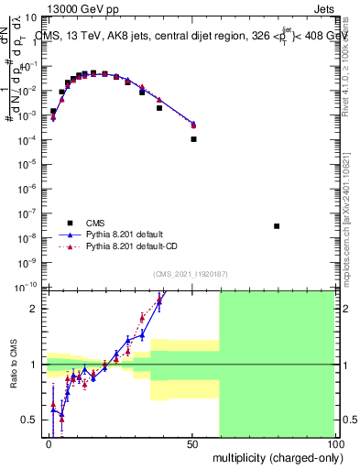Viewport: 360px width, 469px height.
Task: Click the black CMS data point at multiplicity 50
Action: pyautogui.click(x=193, y=139)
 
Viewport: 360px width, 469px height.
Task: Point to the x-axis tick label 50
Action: pyautogui.click(x=191, y=443)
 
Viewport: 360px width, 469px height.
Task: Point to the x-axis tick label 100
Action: pyautogui.click(x=333, y=443)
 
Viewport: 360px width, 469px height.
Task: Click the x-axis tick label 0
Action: pyautogui.click(x=49, y=443)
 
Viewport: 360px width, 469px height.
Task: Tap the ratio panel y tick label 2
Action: pyautogui.click(x=36, y=308)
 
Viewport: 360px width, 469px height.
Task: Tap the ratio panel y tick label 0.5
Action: pyautogui.click(x=32, y=420)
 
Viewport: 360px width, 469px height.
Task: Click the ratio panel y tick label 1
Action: pyautogui.click(x=36, y=364)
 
